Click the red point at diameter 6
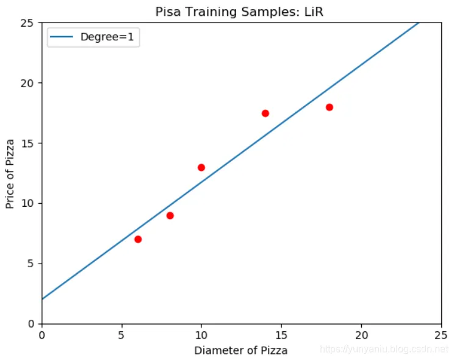[x=138, y=239]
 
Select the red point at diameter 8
[x=170, y=215]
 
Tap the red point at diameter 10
[x=201, y=167]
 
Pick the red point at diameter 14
[x=265, y=113]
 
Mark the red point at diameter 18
[x=330, y=107]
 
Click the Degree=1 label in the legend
[x=107, y=38]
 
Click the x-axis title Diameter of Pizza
[x=240, y=350]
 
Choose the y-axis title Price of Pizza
[x=11, y=173]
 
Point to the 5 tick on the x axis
[x=122, y=334]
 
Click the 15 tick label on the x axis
[x=282, y=334]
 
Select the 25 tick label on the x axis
[x=442, y=334]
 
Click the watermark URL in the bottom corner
[x=384, y=349]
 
